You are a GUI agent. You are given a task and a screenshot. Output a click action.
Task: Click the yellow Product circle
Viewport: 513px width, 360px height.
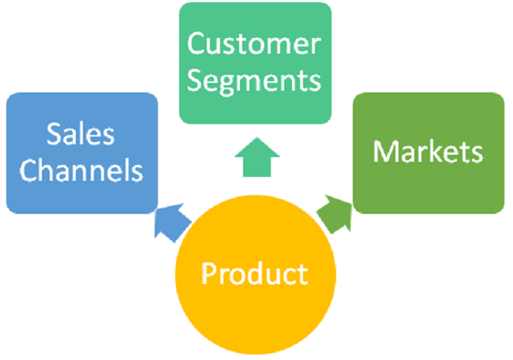(254, 276)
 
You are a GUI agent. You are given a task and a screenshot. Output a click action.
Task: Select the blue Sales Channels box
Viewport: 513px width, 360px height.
(82, 153)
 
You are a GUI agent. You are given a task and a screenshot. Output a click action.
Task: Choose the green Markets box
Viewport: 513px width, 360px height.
(428, 153)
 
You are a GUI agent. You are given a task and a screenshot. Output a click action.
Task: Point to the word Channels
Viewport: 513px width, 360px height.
(82, 171)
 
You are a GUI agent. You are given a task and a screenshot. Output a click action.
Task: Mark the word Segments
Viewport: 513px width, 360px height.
(255, 81)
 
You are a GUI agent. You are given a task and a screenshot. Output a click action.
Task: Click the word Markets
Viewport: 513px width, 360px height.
(428, 152)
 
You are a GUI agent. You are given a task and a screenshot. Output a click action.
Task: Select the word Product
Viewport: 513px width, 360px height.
(254, 274)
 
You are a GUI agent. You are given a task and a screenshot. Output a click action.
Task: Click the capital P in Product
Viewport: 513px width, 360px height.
(208, 274)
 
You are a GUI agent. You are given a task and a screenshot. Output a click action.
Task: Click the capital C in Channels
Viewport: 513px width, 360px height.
(30, 171)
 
